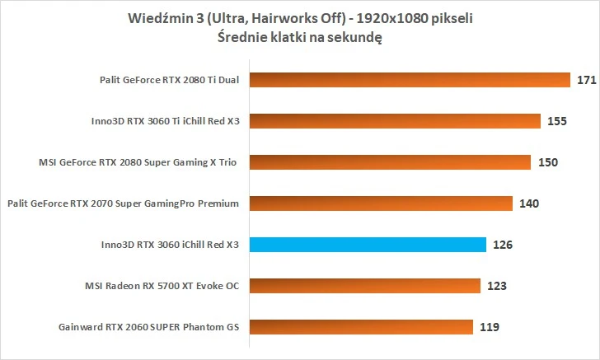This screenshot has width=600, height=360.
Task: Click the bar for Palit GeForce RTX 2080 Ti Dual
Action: pyautogui.click(x=410, y=80)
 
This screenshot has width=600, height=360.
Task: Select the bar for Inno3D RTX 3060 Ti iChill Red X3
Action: pyautogui.click(x=395, y=121)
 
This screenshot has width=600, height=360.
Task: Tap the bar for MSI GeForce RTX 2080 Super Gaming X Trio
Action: pyautogui.click(x=390, y=162)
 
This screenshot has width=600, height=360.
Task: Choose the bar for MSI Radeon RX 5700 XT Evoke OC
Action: pyautogui.click(x=364, y=286)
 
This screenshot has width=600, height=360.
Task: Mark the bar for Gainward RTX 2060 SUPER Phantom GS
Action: pyautogui.click(x=361, y=327)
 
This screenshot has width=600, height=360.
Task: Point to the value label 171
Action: pyautogui.click(x=587, y=81)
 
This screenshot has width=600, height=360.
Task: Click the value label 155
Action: pyautogui.click(x=557, y=122)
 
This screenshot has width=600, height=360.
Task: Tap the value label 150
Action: pyautogui.click(x=548, y=163)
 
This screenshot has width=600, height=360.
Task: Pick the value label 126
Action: pyautogui.click(x=503, y=245)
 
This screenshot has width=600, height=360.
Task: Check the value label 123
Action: pyautogui.click(x=497, y=287)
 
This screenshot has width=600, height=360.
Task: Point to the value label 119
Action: pyautogui.click(x=490, y=328)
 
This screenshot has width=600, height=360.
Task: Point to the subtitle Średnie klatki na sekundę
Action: pyautogui.click(x=300, y=37)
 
